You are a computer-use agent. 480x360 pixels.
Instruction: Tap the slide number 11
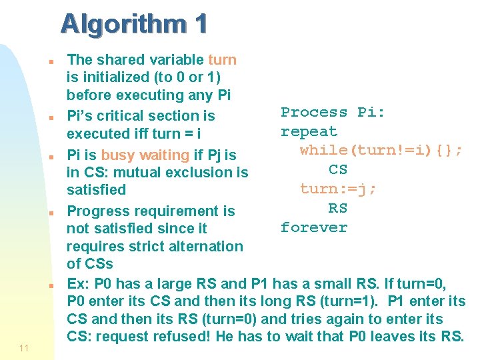[24, 347]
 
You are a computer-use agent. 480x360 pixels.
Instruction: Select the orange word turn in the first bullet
[222, 60]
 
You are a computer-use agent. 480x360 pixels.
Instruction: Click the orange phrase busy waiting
[155, 155]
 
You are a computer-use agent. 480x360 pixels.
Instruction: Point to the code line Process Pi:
[333, 113]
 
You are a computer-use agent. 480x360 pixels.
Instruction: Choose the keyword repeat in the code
[309, 132]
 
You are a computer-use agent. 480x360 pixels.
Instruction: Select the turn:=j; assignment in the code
[338, 189]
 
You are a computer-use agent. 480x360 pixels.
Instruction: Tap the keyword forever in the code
[314, 227]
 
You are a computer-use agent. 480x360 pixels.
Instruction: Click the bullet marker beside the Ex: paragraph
[51, 285]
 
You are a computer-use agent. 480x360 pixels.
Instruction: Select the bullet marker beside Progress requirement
[51, 213]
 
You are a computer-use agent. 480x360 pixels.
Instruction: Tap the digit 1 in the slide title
[201, 24]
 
